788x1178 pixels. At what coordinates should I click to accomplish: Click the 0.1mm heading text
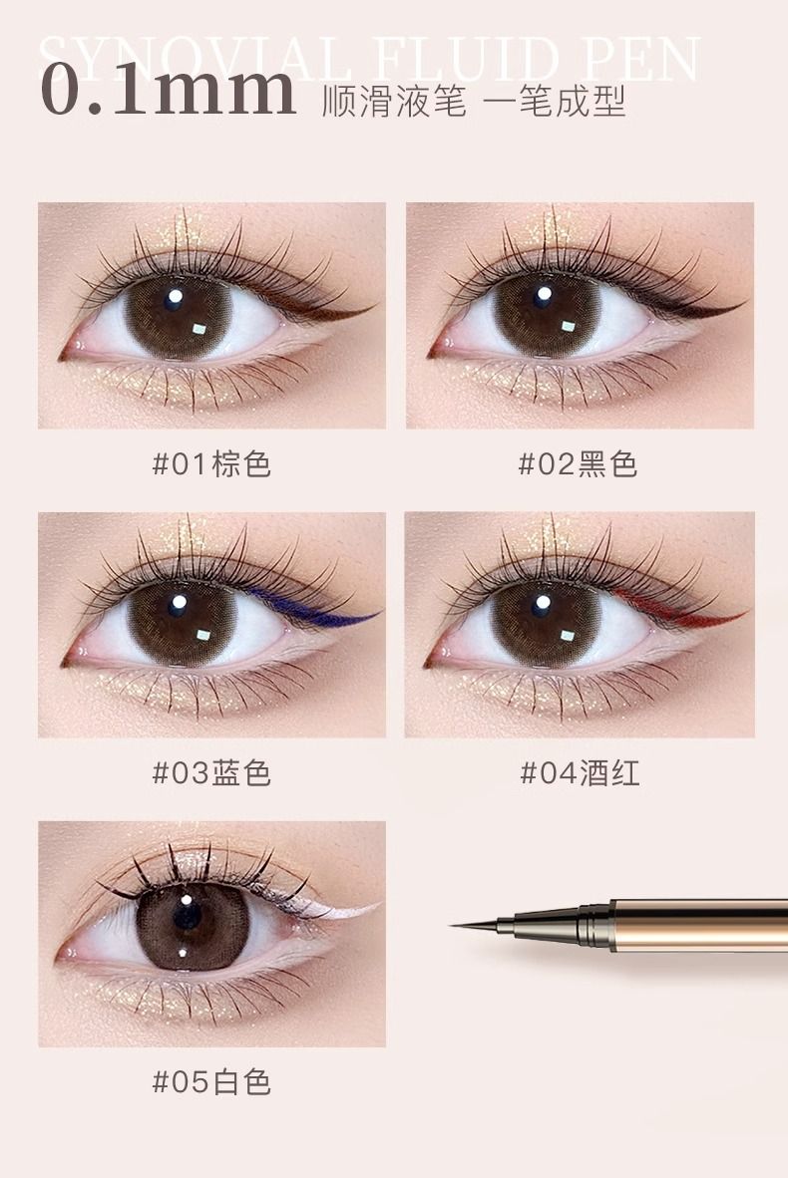coord(169,90)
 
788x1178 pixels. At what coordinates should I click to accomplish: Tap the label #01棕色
coord(211,464)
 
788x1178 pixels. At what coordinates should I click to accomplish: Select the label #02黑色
coord(579,464)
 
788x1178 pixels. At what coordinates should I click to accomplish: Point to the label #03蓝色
coord(211,773)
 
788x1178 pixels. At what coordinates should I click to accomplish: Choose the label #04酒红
coord(580,773)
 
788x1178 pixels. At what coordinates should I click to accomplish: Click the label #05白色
coord(211,1082)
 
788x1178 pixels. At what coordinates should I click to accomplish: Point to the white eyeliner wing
coord(338,908)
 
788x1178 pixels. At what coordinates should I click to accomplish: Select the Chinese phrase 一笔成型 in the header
coord(555,101)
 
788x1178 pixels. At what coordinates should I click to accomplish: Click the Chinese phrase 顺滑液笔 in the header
coord(393,101)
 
